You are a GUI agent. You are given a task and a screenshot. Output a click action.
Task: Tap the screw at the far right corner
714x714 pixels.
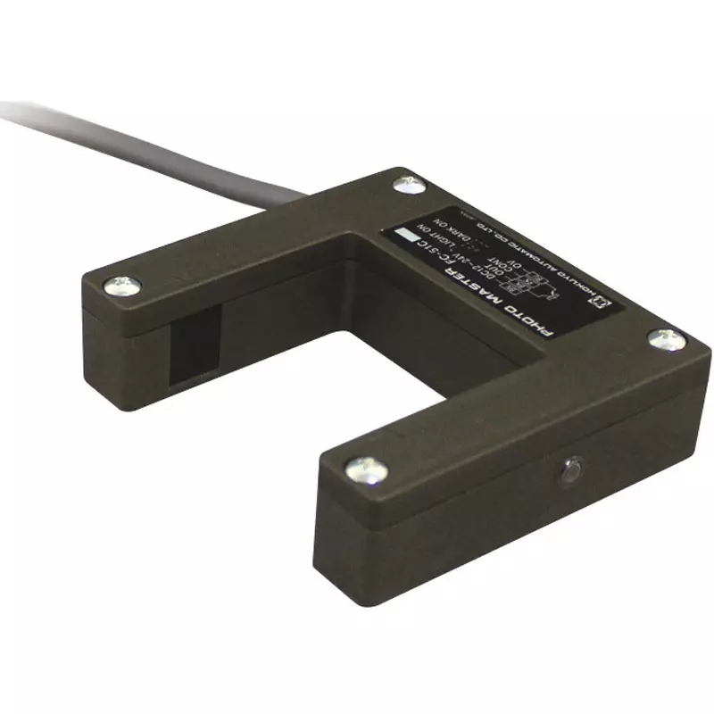click(662, 337)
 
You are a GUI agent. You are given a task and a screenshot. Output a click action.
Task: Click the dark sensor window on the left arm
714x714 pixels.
click(195, 339)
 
